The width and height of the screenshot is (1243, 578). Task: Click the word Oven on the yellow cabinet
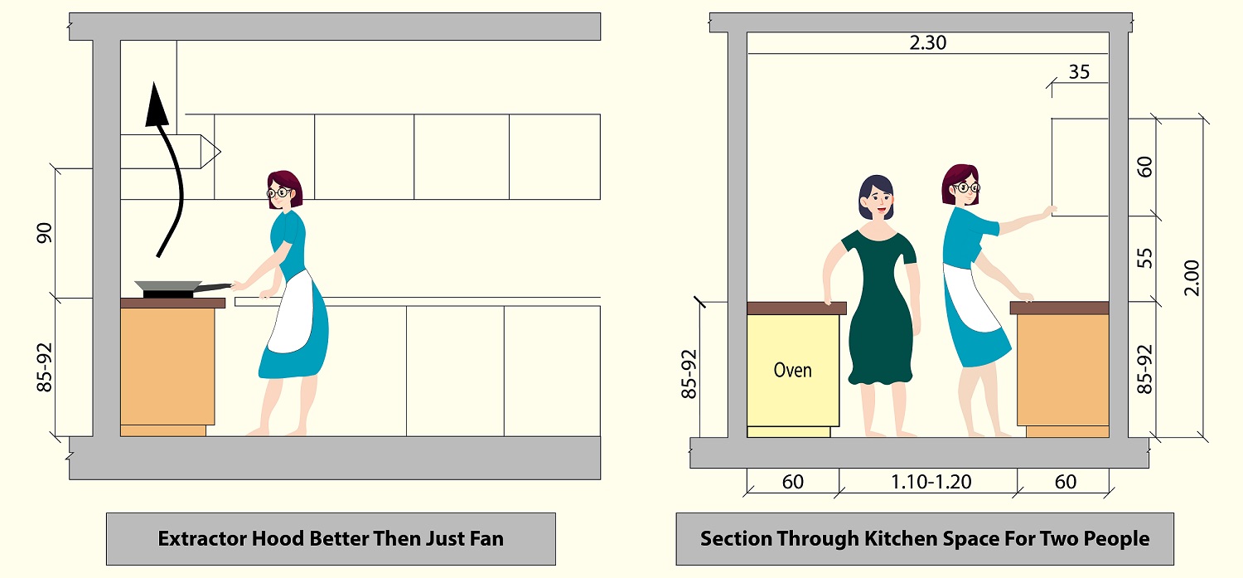[792, 370]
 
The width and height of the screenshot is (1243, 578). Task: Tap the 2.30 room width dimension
[927, 43]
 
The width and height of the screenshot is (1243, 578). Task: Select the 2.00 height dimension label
[1192, 278]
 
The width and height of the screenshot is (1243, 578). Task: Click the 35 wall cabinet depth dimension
[1079, 72]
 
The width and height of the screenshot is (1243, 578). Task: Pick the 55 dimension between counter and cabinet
[1144, 259]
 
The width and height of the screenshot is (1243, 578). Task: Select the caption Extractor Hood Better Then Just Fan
[331, 538]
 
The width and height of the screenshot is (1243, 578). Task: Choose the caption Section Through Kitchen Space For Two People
[925, 538]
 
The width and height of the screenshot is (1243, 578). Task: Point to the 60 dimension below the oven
[792, 482]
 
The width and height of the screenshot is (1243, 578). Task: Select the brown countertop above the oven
[796, 308]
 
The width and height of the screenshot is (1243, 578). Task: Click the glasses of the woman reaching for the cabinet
[965, 188]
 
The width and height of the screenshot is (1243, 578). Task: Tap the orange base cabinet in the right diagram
[1062, 369]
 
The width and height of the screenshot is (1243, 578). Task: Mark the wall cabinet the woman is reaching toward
[1080, 167]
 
